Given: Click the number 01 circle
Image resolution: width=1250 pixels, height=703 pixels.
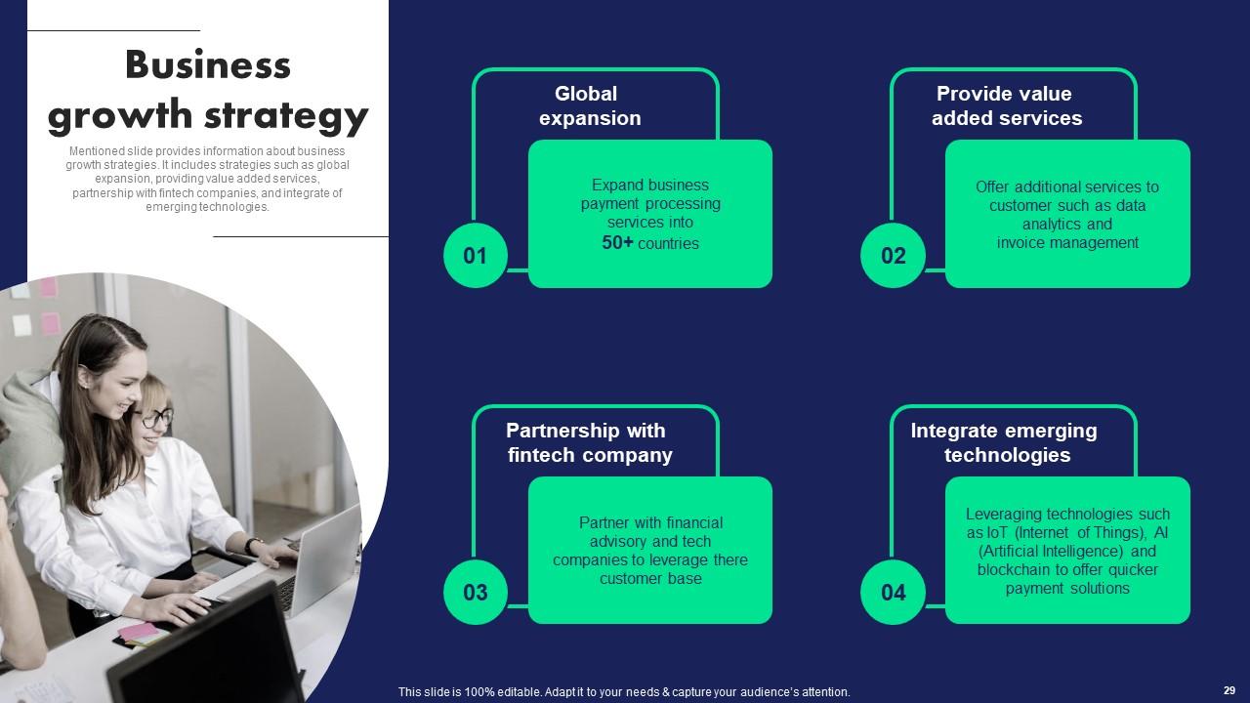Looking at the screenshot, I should click(475, 256).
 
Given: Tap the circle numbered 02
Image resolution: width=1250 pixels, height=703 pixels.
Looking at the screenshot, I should click(893, 256).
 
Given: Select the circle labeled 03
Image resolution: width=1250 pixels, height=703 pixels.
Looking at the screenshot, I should click(475, 593).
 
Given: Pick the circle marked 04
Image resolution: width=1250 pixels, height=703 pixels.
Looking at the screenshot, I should click(893, 593).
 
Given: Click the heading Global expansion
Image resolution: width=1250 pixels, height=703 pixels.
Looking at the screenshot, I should click(589, 106).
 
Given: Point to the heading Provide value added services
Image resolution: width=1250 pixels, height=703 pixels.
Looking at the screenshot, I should click(1006, 106).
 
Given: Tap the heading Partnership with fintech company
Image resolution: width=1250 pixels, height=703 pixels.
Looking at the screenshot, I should click(589, 443).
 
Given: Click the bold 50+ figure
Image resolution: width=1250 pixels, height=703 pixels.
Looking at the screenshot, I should click(617, 243).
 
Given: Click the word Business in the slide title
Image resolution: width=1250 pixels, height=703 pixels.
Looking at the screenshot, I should click(208, 65).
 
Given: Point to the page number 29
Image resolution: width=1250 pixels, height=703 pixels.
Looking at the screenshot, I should click(1229, 690).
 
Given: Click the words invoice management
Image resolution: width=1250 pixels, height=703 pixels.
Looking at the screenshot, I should click(1067, 243).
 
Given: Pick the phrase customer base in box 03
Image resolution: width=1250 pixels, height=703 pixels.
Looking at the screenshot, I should click(650, 579).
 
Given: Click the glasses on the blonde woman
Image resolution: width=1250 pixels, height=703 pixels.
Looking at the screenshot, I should click(155, 419).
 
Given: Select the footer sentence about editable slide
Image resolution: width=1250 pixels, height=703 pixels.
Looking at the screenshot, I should click(624, 691).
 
